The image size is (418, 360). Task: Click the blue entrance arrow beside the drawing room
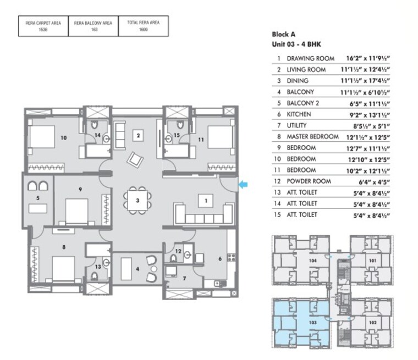[x=243, y=186]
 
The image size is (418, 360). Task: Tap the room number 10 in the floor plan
[x=64, y=138]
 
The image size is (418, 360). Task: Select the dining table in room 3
[x=138, y=201]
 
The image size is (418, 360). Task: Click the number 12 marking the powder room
[x=178, y=251]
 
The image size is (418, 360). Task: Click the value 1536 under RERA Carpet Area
[x=43, y=30]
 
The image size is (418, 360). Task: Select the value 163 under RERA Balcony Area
[x=93, y=30]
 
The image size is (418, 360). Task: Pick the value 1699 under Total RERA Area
[x=143, y=30]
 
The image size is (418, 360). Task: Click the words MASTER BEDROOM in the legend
[x=312, y=136]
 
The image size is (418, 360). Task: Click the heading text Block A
[x=284, y=34]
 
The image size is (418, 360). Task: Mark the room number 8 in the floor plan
[x=64, y=247]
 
